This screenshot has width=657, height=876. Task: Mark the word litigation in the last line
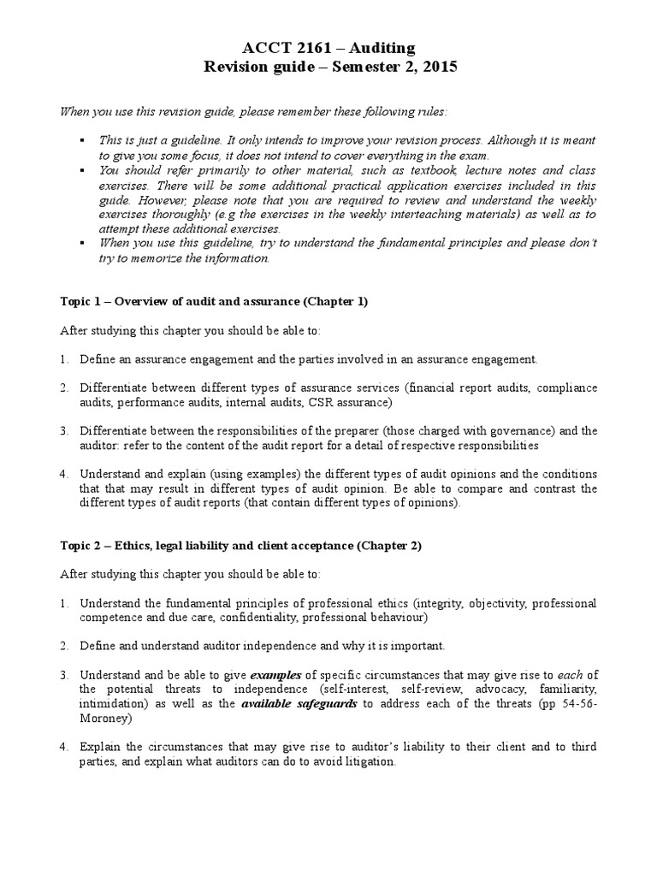pyautogui.click(x=366, y=761)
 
